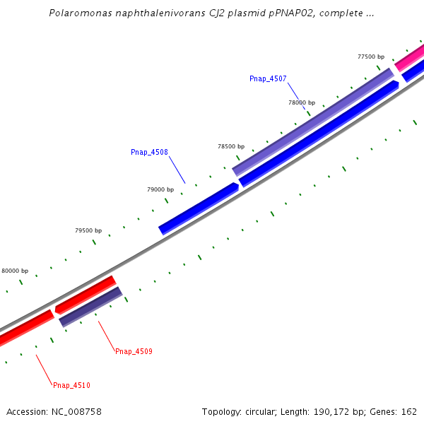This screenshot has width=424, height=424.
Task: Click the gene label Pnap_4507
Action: click(x=268, y=78)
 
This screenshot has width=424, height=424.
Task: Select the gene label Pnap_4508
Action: click(x=149, y=152)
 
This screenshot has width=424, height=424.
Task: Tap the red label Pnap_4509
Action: click(x=134, y=351)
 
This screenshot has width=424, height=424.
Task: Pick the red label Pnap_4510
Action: click(x=71, y=385)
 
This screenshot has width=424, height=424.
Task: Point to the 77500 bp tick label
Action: click(x=371, y=57)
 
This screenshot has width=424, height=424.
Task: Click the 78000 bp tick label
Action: click(x=302, y=102)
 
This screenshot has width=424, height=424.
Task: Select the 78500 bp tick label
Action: click(x=231, y=146)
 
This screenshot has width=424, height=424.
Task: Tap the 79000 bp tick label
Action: click(x=160, y=189)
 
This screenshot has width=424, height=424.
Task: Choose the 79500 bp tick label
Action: click(x=88, y=230)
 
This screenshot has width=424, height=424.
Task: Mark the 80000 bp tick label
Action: click(x=15, y=271)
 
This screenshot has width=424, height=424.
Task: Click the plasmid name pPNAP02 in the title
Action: click(x=283, y=13)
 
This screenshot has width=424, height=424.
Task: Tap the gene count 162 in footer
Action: click(x=409, y=412)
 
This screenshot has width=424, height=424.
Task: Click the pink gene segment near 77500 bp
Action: click(x=409, y=57)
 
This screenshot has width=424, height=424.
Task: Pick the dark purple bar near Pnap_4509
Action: click(x=90, y=306)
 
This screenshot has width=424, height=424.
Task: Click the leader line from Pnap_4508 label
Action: click(x=177, y=170)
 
